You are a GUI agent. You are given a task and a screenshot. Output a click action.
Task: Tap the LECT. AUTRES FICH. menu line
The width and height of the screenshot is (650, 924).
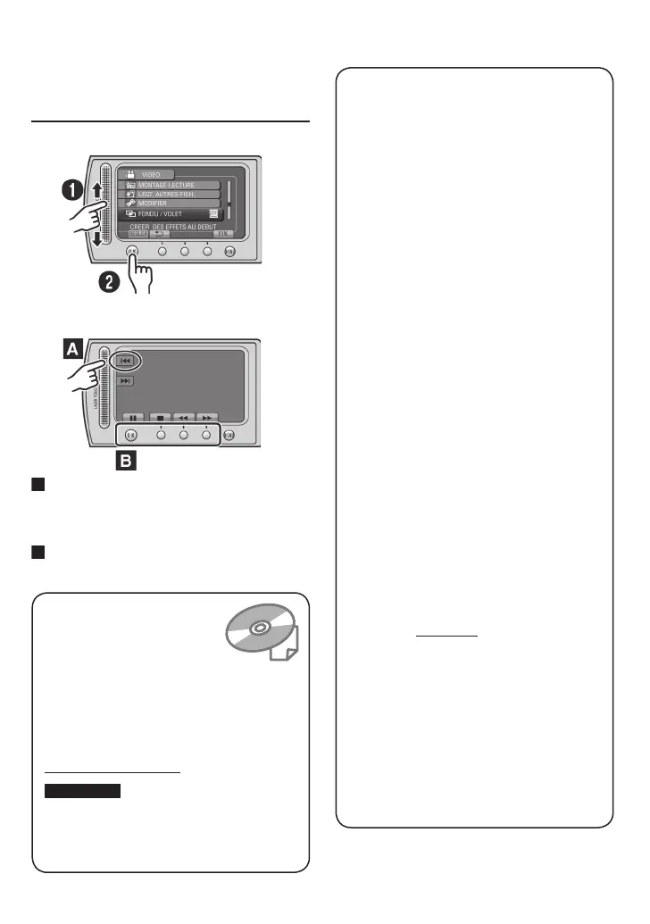(170, 194)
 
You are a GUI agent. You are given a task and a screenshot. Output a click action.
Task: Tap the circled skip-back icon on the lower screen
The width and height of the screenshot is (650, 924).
(124, 361)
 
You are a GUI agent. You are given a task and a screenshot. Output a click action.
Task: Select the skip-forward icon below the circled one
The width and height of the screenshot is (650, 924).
(124, 381)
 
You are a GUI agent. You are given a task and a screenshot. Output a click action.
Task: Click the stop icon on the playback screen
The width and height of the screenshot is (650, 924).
(162, 417)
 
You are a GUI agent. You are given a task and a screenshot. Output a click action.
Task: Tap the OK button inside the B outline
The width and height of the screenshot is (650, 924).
(131, 436)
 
